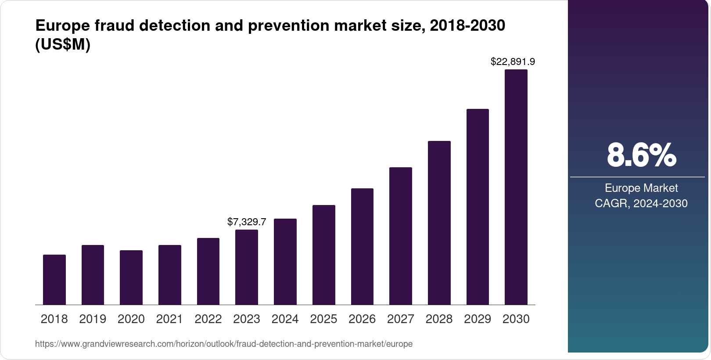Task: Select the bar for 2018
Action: [x=54, y=280]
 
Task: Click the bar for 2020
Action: [x=131, y=277]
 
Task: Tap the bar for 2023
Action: [x=247, y=267]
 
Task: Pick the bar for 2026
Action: [x=362, y=246]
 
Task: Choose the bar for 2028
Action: [x=439, y=223]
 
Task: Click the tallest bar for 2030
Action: [x=516, y=187]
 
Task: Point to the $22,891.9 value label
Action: [x=513, y=62]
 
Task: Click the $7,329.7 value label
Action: [x=247, y=222]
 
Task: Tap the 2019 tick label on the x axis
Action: [x=93, y=319]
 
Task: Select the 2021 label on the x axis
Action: [x=169, y=319]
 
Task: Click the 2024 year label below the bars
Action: [x=285, y=319]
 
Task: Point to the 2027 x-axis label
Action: [x=400, y=319]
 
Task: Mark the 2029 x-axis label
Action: [x=478, y=319]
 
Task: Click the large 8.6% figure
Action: [x=641, y=155]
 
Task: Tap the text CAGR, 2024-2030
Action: [x=641, y=204]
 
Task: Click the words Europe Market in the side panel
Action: [x=641, y=188]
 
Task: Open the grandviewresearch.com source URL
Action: [x=224, y=344]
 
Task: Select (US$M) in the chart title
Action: [x=63, y=45]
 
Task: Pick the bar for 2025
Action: [x=323, y=255]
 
